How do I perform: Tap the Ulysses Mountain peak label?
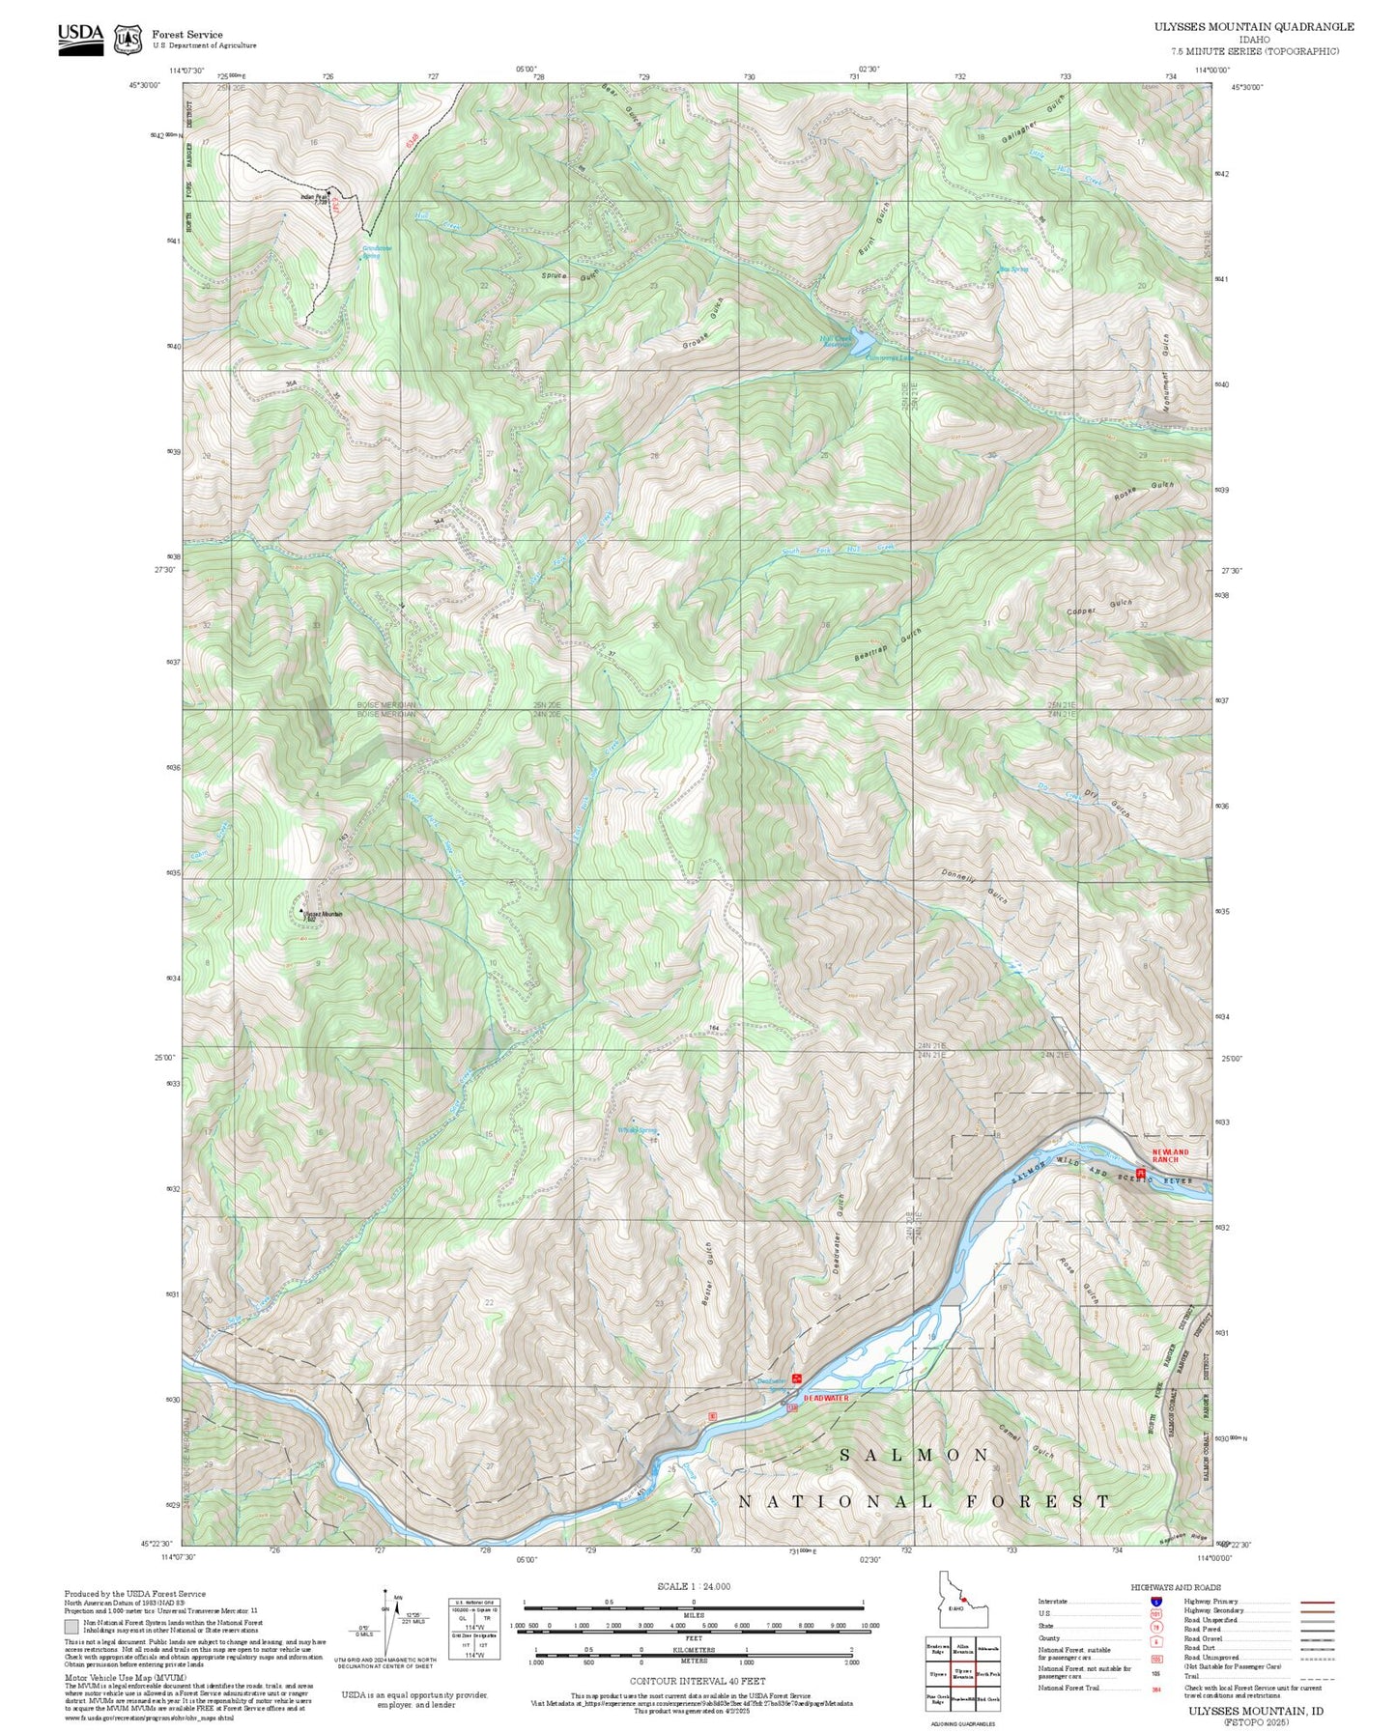[323, 914]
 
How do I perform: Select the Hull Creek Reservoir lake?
[858, 343]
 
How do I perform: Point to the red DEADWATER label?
[826, 1398]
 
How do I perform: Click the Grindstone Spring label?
[377, 251]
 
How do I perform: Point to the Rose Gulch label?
[1078, 1280]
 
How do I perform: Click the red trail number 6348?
[413, 142]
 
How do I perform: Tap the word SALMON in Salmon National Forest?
[914, 1455]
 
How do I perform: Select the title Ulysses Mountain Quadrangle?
[1253, 27]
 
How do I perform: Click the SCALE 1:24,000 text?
[693, 1586]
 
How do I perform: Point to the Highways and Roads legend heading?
[1176, 1587]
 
